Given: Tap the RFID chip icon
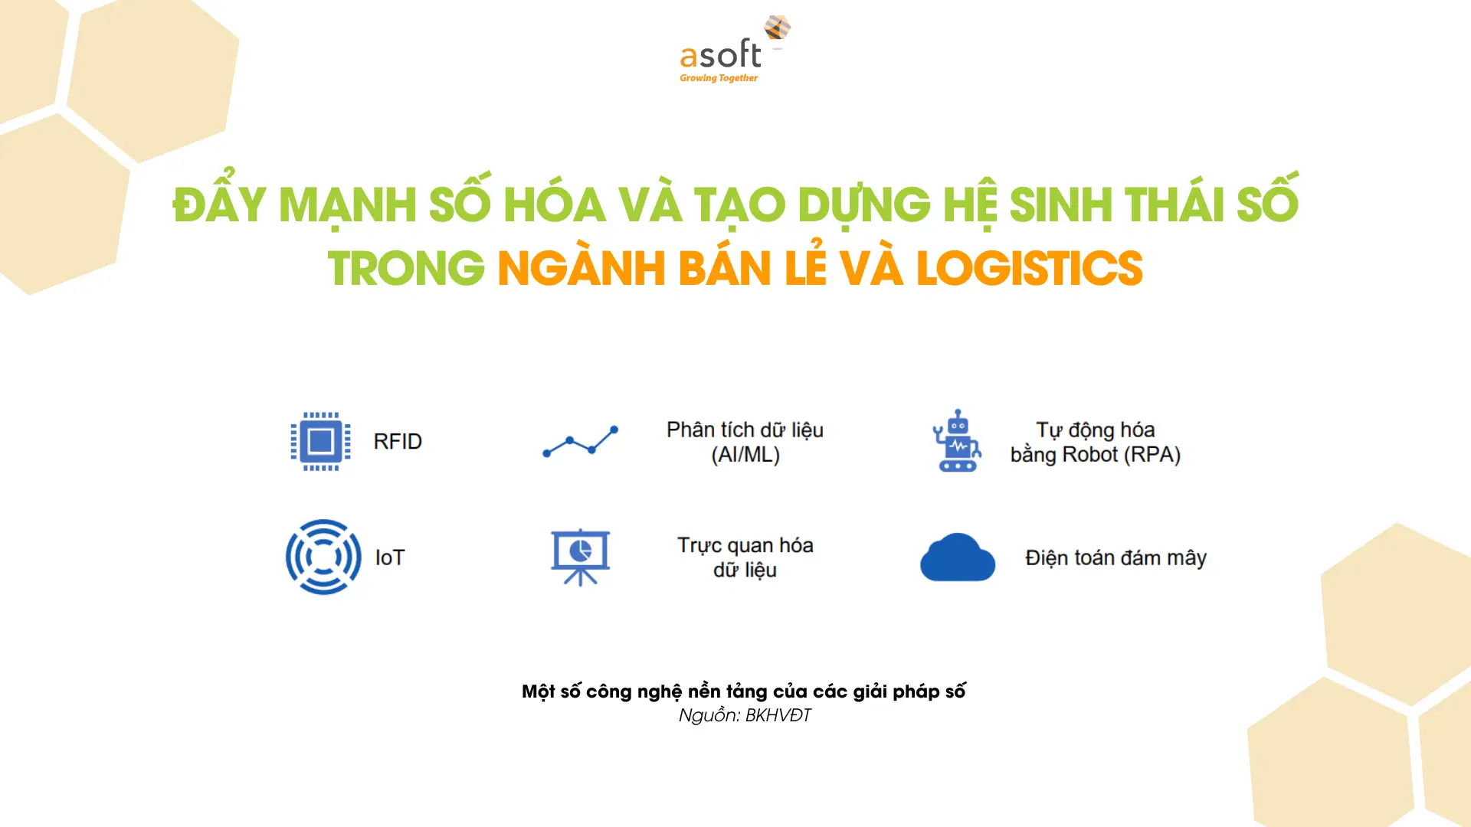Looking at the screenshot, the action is point(321,441).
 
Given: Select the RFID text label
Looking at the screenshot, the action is point(398,442).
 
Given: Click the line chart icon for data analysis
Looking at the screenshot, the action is point(580,441).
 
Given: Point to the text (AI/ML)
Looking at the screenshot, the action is point(745,455).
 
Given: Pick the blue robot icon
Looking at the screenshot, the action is point(957,440).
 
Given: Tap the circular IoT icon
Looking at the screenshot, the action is point(323,557).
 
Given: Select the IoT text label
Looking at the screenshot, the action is point(390,557).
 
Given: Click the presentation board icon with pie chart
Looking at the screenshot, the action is point(581,557).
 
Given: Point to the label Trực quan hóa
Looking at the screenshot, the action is point(745,546).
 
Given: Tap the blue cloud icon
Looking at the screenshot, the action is point(958,557).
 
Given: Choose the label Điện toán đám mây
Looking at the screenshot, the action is point(1116,558).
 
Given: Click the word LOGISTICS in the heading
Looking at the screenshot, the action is point(1030,268).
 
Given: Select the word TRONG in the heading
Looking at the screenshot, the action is point(406,269).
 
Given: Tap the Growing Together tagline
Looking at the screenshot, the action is point(719,78).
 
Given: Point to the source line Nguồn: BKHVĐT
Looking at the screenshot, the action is point(745,715).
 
